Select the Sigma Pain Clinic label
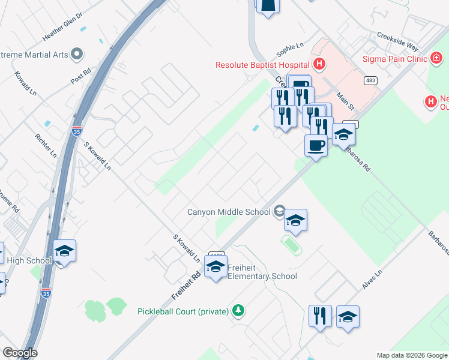coord(394,58)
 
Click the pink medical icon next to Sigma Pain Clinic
coord(438,58)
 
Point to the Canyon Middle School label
coord(230,211)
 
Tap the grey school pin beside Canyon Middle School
coord(279,211)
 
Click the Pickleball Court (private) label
coord(183,311)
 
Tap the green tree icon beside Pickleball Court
coord(239,311)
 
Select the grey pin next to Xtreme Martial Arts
coord(76,55)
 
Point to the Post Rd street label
coord(80,75)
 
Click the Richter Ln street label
coord(46,144)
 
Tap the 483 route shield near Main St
coord(370,80)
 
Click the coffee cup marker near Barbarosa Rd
coord(316,146)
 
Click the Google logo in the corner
coord(20,353)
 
